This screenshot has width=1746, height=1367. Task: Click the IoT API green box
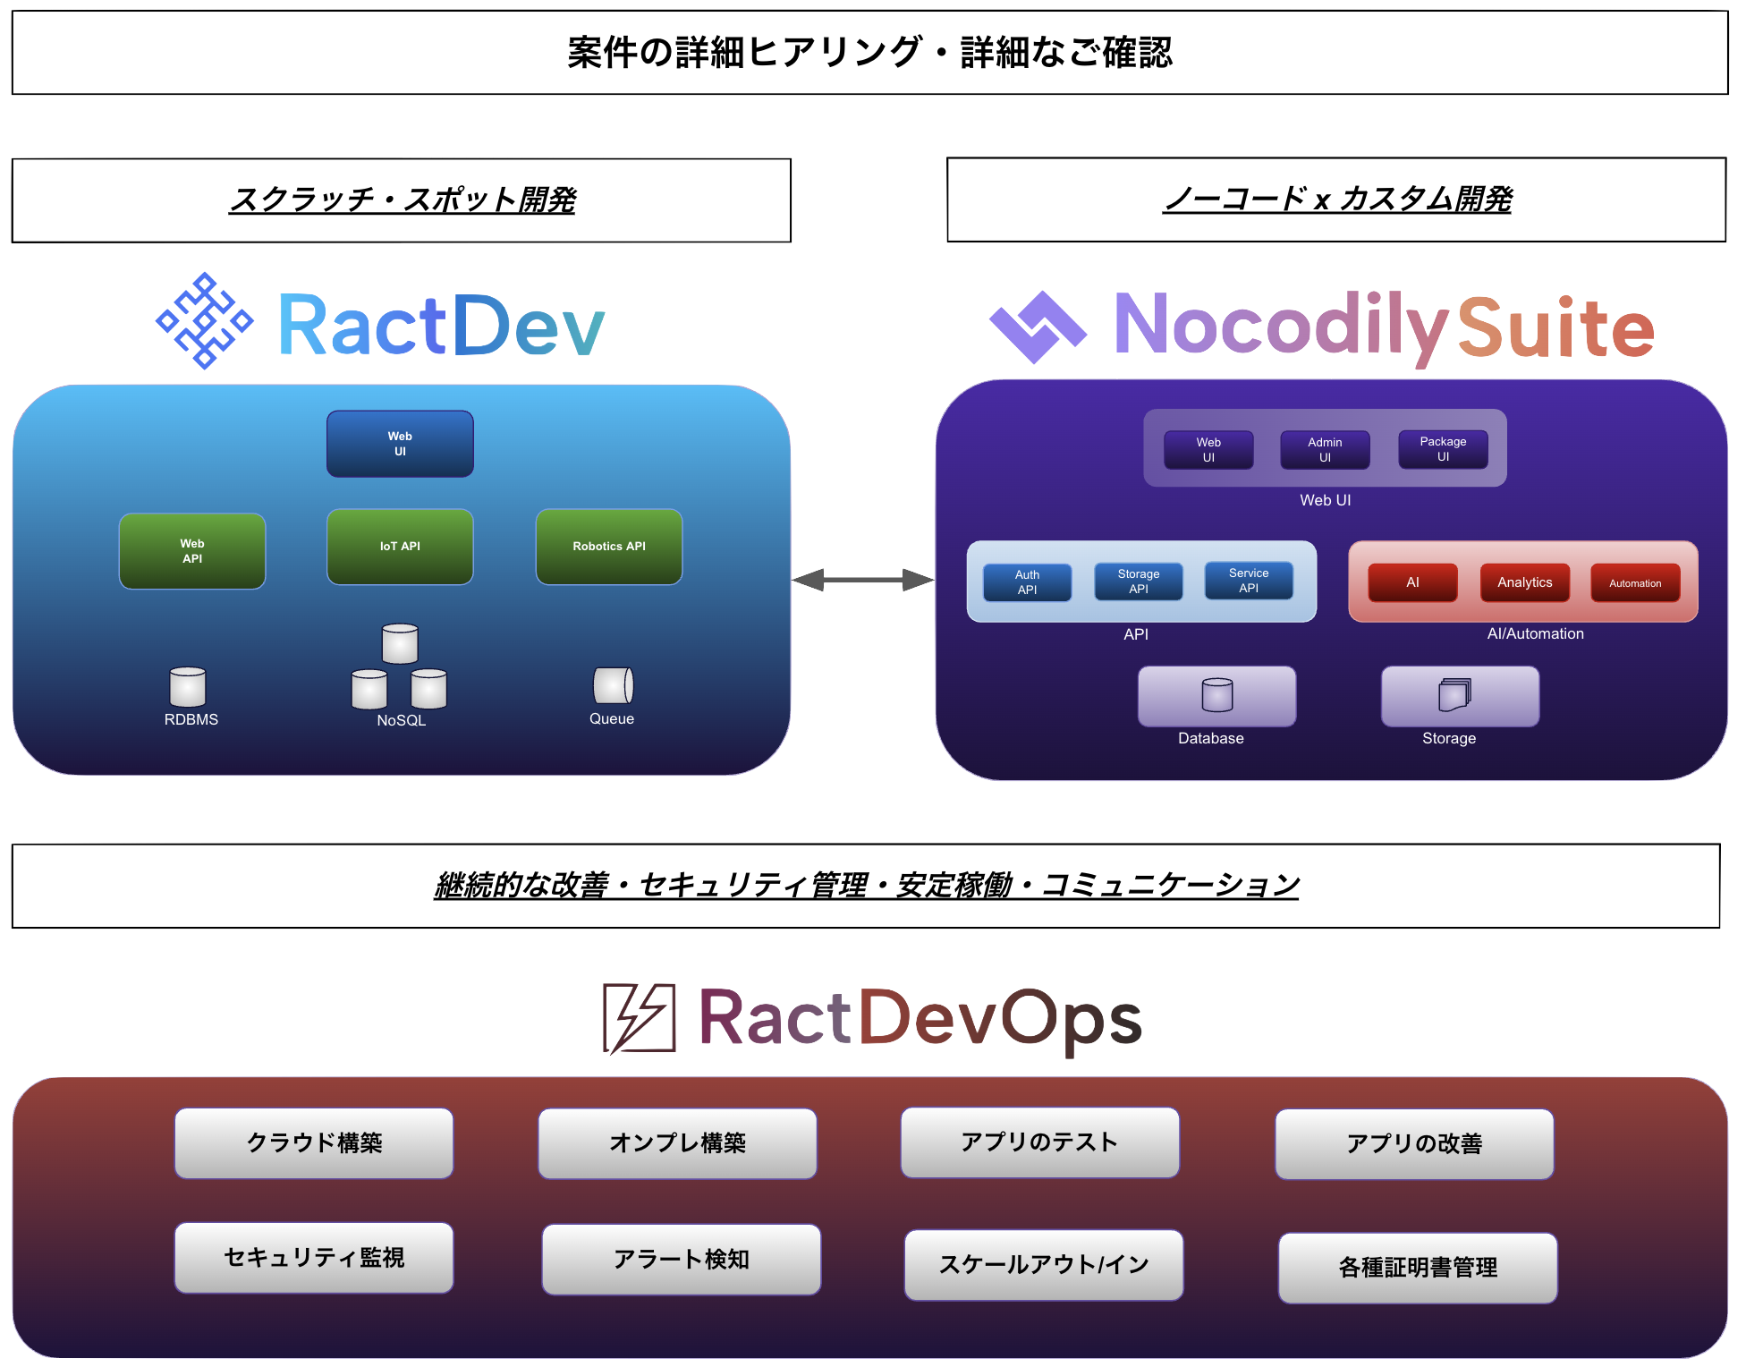400,547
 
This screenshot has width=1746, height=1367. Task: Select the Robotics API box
608,547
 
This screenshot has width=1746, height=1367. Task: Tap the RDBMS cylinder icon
188,687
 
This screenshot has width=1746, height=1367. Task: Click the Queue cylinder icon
613,686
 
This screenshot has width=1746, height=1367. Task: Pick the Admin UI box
1325,450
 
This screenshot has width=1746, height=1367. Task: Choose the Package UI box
1443,449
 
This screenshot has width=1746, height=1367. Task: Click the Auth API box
1027,582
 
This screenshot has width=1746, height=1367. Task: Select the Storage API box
1138,582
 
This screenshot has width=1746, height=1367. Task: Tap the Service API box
1249,581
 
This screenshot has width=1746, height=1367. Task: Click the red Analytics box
1524,582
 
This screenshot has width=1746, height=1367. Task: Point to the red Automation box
1635,583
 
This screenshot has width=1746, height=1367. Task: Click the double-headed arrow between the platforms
862,581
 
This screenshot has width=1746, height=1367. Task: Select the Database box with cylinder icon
1216,696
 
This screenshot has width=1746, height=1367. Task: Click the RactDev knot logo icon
205,320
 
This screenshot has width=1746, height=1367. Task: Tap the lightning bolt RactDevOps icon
639,1018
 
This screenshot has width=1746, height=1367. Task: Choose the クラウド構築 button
314,1143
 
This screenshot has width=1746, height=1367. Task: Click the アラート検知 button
681,1260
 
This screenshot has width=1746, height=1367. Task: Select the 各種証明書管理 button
1417,1268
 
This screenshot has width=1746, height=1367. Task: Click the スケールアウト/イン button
1043,1265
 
